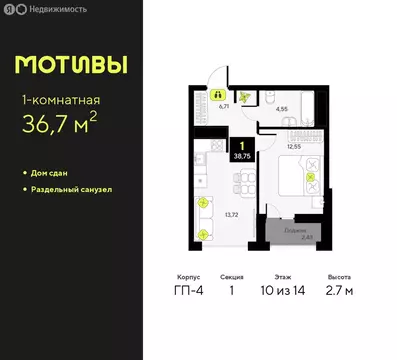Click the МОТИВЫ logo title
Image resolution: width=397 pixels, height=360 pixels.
71,64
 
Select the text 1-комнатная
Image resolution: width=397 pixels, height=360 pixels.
59,98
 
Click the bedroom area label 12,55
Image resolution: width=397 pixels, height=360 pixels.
294,146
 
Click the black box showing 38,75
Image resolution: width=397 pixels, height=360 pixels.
241,153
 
